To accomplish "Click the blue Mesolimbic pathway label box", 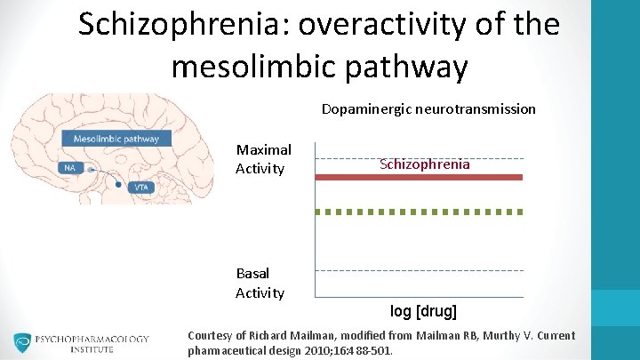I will [116, 139].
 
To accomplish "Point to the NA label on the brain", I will [69, 167].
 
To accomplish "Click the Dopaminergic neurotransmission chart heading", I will [428, 109].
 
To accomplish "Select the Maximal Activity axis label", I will [263, 159].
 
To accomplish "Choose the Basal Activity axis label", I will [260, 283].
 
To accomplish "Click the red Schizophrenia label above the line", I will [424, 164].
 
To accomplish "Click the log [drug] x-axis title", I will [423, 311].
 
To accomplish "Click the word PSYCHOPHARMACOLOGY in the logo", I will [92, 339].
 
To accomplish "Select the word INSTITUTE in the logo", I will [92, 350].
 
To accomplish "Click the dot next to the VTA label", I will [118, 185].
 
